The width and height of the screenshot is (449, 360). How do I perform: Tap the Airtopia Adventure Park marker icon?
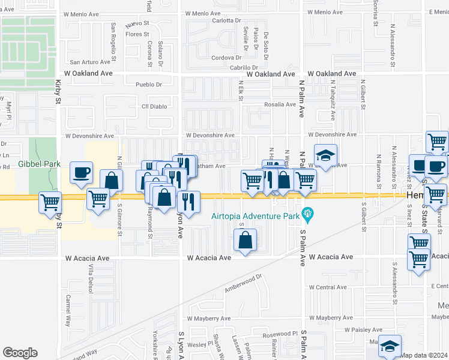coord(309,212)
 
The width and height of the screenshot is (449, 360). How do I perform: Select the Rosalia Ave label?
coord(280,104)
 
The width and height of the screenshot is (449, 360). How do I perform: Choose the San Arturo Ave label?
coord(91,61)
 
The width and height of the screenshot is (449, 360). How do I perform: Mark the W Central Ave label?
coord(327,287)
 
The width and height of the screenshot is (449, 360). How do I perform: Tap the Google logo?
coord(20,353)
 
